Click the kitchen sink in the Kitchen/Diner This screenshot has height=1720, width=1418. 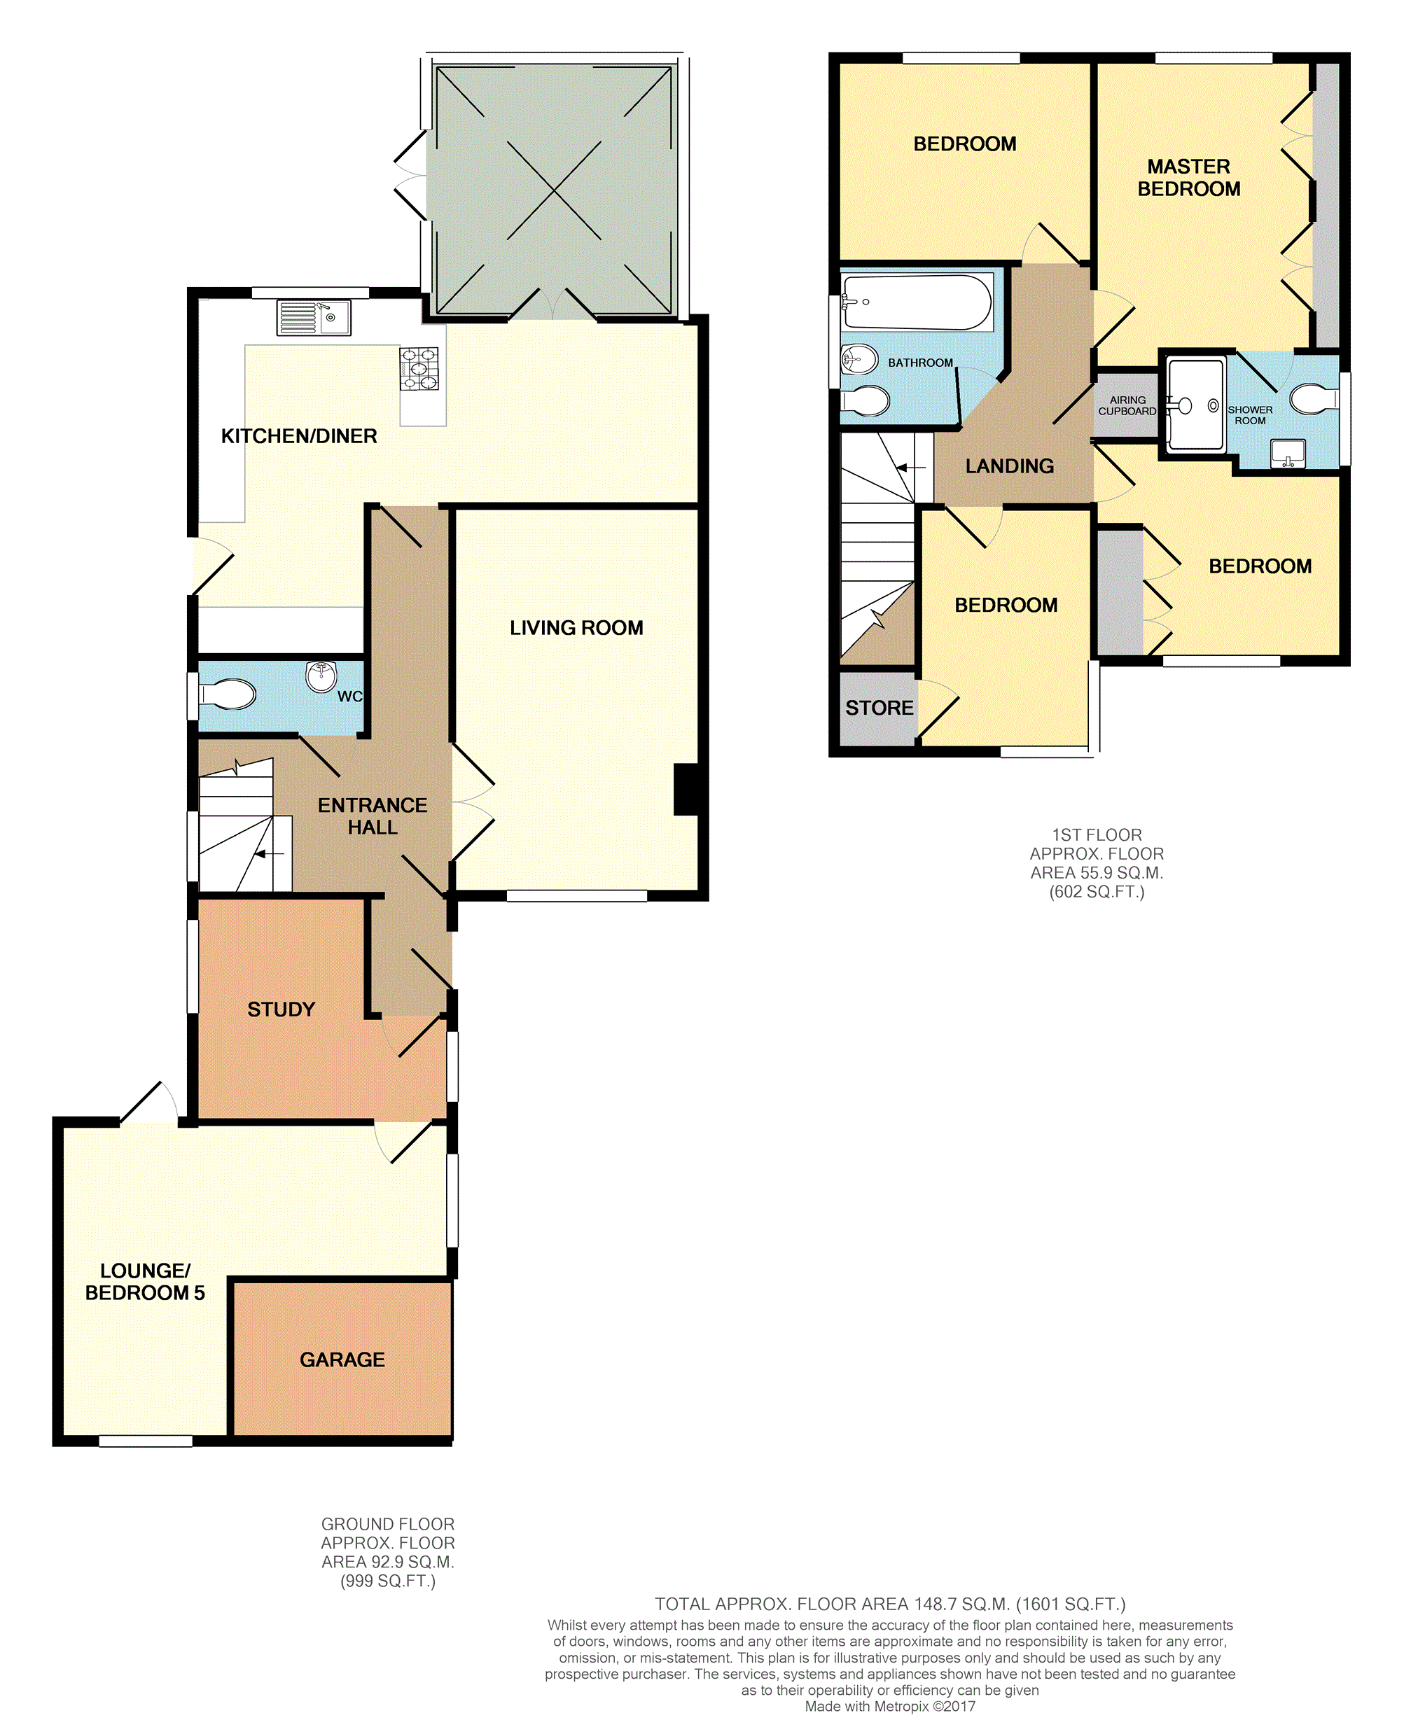coord(314,318)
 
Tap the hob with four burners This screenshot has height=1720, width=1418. coord(419,368)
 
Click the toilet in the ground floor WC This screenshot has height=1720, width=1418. coord(227,695)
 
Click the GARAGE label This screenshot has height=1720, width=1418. coord(342,1359)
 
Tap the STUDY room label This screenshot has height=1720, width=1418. coord(281,1009)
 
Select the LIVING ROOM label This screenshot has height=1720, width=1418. coord(577,628)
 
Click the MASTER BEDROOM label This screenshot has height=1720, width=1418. coord(1188,177)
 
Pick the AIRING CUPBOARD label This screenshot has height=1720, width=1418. coord(1127,406)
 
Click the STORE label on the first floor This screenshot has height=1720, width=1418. coord(880,708)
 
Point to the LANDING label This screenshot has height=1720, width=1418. coord(1010,466)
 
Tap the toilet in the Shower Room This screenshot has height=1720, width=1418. coord(1314,399)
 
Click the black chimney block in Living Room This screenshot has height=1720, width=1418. coord(686,789)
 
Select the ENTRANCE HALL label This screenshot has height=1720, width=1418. coord(373,816)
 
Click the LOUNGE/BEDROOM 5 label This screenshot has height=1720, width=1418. coord(146,1281)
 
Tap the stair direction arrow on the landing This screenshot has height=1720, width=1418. coord(911,468)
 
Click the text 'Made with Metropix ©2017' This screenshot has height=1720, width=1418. coord(890,1706)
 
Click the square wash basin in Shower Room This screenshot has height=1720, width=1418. coord(1288,454)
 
